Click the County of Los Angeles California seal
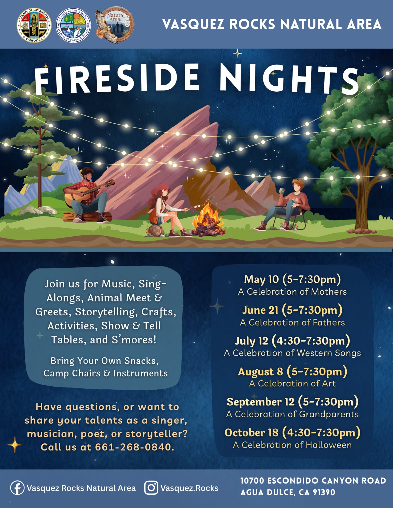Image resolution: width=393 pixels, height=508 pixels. point(34,25)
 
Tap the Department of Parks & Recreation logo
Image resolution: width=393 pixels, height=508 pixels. point(73,26)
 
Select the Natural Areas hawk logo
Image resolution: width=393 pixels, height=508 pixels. point(114,25)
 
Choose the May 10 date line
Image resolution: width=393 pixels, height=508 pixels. point(292,279)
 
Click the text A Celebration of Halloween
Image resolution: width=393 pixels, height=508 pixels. point(292,445)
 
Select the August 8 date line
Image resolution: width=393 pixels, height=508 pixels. point(292,372)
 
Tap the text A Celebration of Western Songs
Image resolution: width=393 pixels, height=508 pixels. point(292,353)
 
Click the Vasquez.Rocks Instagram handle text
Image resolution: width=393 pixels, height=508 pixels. point(189,488)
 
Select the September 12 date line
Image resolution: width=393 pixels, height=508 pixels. point(292,402)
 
